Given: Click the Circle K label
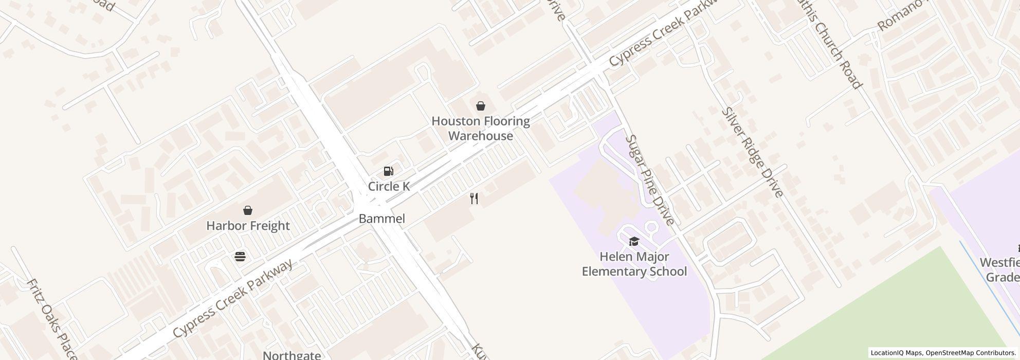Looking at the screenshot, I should tap(389, 186).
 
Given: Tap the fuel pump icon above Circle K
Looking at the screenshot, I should tap(389, 171).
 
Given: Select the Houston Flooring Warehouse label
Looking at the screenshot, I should tap(481, 129).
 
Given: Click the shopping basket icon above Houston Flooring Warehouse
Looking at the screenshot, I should tap(480, 106).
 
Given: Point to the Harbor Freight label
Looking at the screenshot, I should tap(248, 226).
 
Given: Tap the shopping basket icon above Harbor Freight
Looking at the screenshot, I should tap(248, 210).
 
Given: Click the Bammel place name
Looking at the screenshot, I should tap(381, 219).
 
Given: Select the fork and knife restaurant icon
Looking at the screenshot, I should tap(474, 199).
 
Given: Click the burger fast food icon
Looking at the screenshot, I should tap(240, 256).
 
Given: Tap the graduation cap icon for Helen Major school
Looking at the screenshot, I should tap(634, 241).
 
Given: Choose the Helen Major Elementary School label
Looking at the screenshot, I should tap(634, 264).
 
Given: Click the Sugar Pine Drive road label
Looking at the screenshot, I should tap(649, 180).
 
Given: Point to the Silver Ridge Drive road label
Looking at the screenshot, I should tap(752, 152).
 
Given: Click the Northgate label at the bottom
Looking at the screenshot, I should tap(292, 355).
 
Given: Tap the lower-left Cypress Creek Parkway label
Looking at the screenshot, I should tap(233, 298).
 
